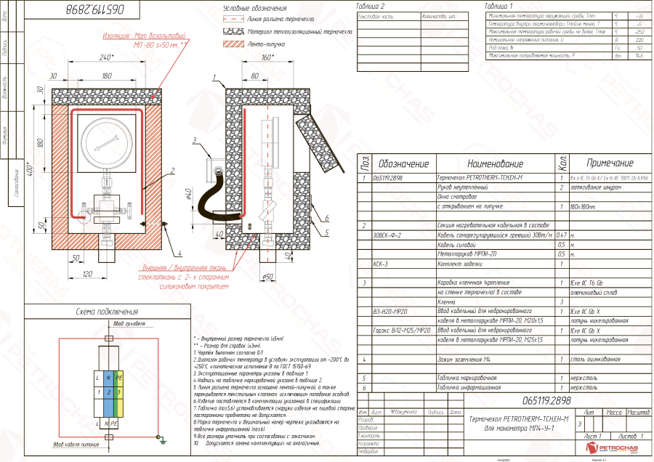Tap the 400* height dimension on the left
point(30,169)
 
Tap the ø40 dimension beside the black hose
point(188,195)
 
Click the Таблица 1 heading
point(499,6)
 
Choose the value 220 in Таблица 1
point(639,40)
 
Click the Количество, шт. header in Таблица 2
point(437,15)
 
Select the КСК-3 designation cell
point(381,264)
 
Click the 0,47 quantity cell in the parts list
point(561,235)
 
